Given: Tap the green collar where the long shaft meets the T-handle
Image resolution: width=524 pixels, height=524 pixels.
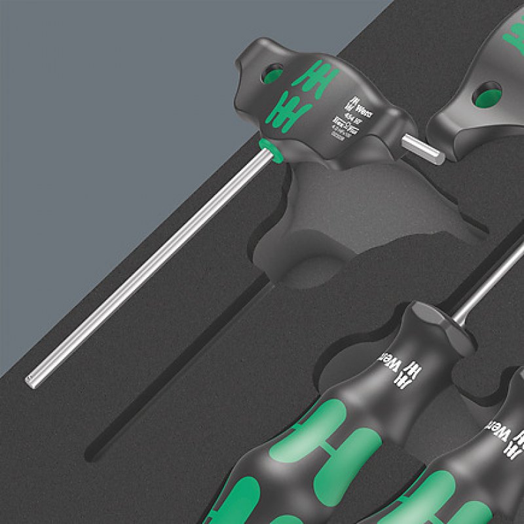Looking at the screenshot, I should tap(270, 150).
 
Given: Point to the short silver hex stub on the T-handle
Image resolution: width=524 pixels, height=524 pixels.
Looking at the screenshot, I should tap(422, 147).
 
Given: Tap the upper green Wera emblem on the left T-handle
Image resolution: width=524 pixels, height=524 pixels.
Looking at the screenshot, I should tap(311, 80).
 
